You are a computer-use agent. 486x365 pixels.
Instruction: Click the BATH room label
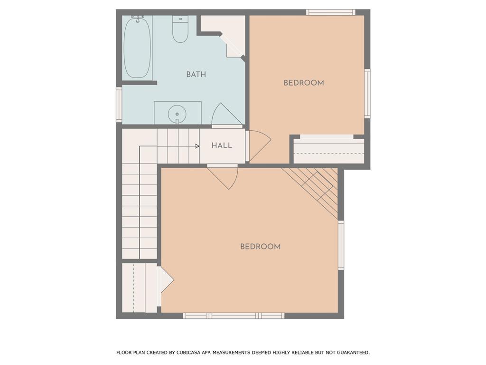click(x=196, y=75)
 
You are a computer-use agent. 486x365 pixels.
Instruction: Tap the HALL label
click(x=222, y=145)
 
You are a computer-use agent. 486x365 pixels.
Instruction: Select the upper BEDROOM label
click(x=304, y=83)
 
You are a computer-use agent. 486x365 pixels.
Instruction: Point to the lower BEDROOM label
click(x=261, y=247)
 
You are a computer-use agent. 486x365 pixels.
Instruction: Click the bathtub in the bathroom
click(x=137, y=48)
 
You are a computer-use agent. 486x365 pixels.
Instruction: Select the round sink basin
click(x=177, y=114)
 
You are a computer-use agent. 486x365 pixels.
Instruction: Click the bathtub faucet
click(x=137, y=19)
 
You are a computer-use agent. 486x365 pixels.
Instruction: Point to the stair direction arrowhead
click(x=197, y=146)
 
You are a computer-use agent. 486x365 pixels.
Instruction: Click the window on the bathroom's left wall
click(x=119, y=104)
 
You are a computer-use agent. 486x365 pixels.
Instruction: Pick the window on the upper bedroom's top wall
click(x=331, y=12)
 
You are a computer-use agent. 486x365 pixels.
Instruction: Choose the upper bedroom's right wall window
click(x=367, y=94)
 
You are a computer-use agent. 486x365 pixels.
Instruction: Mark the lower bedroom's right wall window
click(x=341, y=245)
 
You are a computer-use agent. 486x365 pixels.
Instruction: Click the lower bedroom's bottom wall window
click(x=234, y=316)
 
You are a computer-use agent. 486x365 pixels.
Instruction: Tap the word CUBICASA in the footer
click(x=187, y=353)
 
